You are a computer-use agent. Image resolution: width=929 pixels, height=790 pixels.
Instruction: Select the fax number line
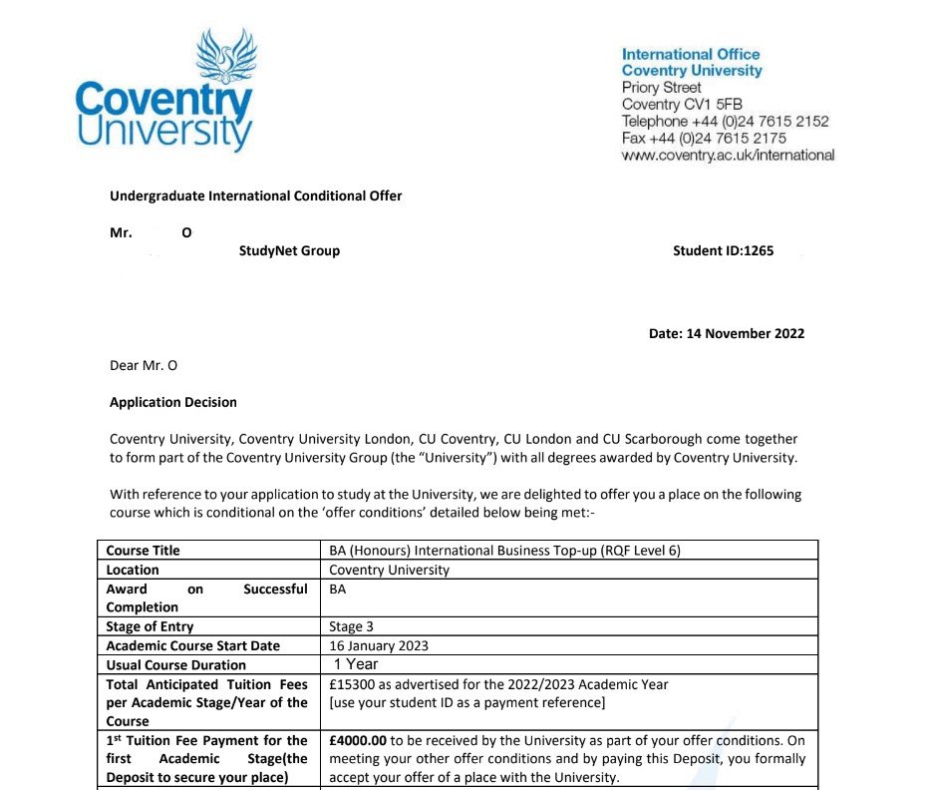coord(704,138)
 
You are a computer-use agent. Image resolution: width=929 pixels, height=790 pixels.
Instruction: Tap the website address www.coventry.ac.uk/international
coord(728,155)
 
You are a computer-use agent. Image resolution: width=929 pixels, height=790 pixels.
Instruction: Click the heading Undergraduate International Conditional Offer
coord(255,196)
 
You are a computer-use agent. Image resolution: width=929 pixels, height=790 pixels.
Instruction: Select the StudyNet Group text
coord(289,250)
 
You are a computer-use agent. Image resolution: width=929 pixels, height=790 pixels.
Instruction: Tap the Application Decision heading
coord(172,402)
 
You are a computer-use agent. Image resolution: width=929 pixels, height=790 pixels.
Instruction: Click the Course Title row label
coord(144,550)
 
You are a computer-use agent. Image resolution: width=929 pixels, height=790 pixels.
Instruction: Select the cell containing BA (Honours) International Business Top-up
coord(504,550)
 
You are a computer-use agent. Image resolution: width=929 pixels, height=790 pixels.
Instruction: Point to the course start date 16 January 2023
coord(379,645)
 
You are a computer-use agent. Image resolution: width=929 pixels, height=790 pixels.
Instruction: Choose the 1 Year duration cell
coord(356,664)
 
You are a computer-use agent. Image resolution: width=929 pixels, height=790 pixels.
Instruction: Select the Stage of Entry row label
coord(150,626)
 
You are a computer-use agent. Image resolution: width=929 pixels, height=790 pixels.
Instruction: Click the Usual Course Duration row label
coord(175,664)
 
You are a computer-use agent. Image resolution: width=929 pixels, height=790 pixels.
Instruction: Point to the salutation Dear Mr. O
coord(143,365)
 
